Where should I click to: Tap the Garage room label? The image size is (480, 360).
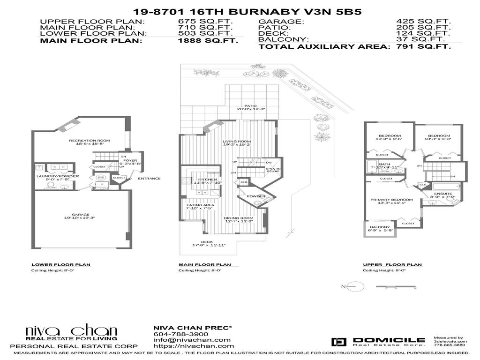tap(79, 213)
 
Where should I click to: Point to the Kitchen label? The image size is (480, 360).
tap(207, 180)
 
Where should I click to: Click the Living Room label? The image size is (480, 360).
tap(237, 142)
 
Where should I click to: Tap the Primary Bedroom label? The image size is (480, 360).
tap(391, 200)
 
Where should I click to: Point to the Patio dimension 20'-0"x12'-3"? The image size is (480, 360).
tap(251, 109)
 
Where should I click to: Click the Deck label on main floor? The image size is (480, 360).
tap(207, 242)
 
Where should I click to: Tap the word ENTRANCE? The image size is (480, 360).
tap(149, 178)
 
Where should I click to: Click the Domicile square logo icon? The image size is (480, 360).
tap(338, 342)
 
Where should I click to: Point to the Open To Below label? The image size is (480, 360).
tap(273, 170)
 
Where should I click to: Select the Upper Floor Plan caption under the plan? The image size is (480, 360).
tap(392, 265)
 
